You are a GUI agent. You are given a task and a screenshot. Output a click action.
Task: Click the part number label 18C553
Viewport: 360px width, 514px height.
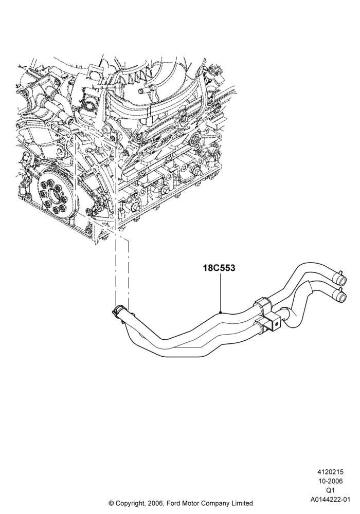click(x=219, y=268)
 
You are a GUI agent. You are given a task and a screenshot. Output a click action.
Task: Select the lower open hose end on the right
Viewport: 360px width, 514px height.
click(x=341, y=297)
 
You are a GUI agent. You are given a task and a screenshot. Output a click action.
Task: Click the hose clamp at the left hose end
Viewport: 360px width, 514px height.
click(x=119, y=310)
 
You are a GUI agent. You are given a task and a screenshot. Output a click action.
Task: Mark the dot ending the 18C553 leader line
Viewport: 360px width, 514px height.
click(x=221, y=313)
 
